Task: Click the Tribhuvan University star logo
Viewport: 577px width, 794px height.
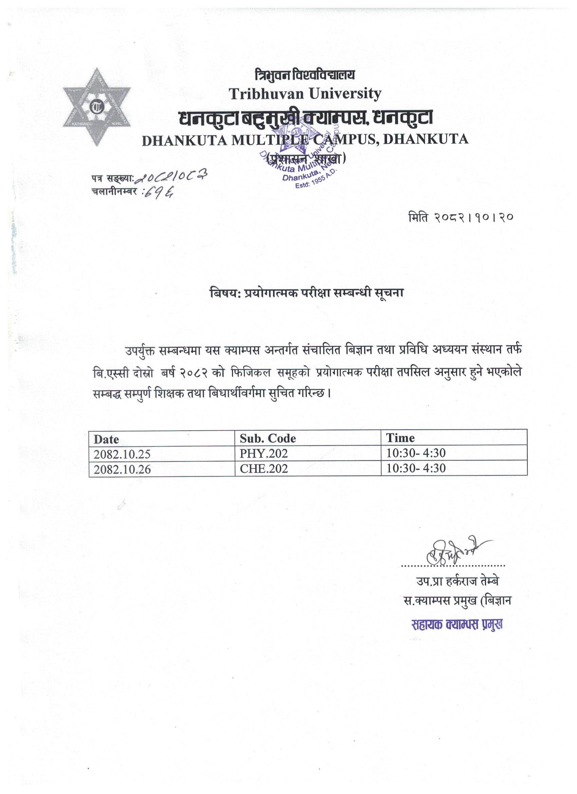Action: pos(97,107)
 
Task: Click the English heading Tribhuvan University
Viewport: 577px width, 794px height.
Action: pos(305,93)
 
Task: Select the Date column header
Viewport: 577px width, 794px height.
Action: pos(106,439)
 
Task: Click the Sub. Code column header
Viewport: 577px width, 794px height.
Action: pos(268,438)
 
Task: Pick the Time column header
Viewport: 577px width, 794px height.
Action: pos(400,438)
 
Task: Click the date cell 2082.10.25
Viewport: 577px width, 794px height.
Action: pos(122,454)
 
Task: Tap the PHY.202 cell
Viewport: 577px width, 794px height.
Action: pos(263,454)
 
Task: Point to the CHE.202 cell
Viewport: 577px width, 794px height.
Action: pos(264,469)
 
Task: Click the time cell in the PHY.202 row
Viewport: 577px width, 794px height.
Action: pos(416,453)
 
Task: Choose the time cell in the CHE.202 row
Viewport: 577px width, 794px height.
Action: pos(416,468)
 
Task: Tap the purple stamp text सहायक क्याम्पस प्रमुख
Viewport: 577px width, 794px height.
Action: pos(457,625)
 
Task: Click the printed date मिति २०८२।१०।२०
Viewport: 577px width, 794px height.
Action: pos(461,218)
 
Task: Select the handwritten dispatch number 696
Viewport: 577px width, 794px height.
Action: pos(161,192)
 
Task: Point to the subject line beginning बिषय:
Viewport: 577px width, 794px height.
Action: pos(306,293)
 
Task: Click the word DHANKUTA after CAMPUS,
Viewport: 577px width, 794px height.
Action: pos(426,139)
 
